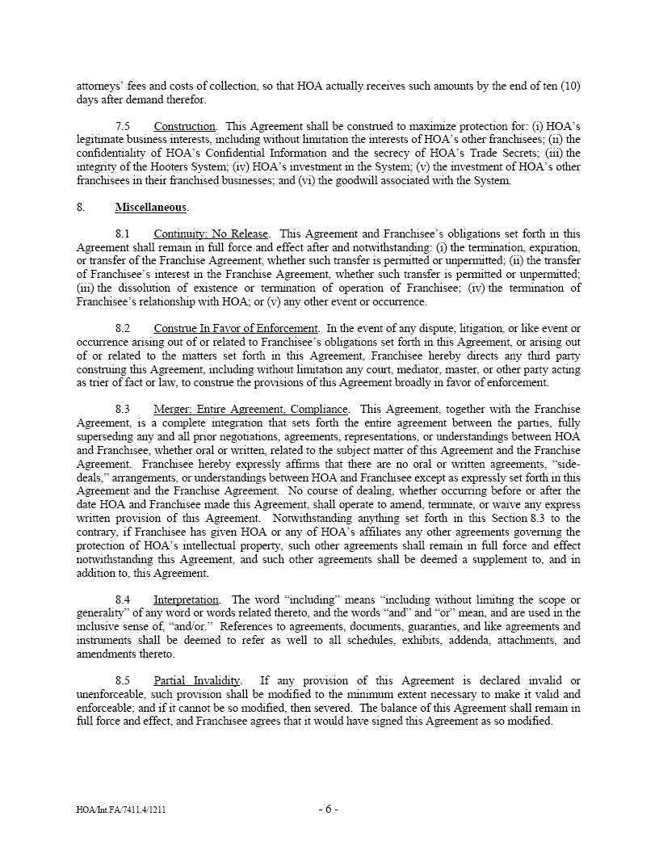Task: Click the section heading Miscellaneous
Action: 151,208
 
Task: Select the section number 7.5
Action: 123,127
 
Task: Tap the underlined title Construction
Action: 185,127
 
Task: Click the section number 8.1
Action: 123,234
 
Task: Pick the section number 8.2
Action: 123,328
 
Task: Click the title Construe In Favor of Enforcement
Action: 236,328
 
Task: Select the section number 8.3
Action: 123,410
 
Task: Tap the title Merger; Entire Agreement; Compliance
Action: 251,410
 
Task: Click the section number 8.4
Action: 123,599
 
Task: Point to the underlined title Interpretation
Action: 186,599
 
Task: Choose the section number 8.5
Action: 123,681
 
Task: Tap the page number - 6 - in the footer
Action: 328,809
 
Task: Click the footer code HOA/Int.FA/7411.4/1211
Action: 121,810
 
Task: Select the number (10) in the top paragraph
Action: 570,86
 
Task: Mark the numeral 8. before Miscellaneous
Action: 81,208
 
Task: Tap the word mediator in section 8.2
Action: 459,369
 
